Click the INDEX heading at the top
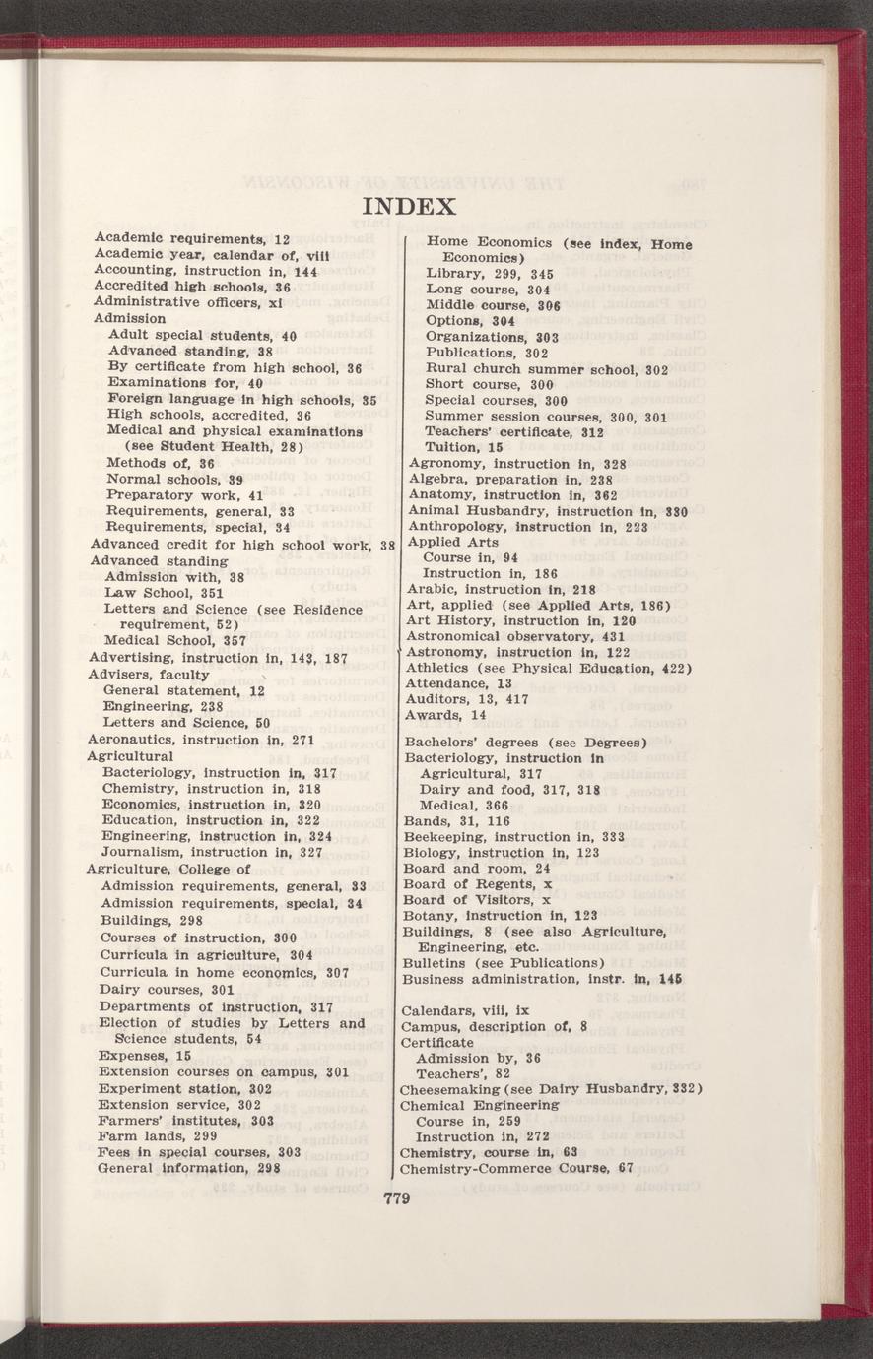[x=409, y=207]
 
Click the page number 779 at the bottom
[x=395, y=1198]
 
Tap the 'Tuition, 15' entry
[x=464, y=447]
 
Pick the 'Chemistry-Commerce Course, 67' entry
[x=515, y=1169]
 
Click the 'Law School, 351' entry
[x=164, y=593]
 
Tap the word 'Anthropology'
[x=456, y=526]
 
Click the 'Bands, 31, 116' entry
[x=456, y=821]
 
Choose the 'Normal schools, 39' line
[x=175, y=479]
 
